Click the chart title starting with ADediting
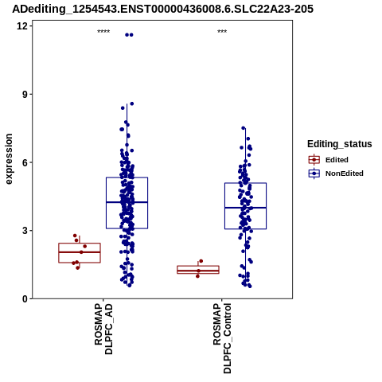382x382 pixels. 162,9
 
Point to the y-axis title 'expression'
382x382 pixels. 9,159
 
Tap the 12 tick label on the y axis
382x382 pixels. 22,26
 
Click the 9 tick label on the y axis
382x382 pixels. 25,94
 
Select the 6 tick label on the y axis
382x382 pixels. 25,162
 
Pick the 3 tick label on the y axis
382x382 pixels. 25,231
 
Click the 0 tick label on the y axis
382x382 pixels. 25,298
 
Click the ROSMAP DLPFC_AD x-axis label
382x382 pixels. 103,329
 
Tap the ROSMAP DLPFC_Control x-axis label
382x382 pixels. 222,338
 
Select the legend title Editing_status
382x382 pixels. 340,144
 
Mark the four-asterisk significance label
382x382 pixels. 103,32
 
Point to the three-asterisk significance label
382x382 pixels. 222,32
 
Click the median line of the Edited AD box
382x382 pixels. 80,252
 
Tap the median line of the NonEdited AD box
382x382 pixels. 127,202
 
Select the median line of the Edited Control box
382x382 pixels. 198,271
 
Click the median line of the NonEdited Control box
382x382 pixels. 245,208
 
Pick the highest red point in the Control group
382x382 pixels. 201,261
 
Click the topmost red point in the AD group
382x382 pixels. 75,236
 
